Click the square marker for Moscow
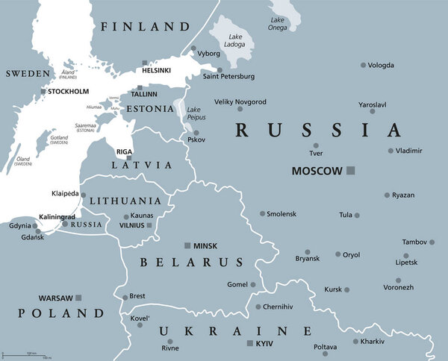(x=351, y=171)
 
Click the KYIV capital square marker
(x=249, y=342)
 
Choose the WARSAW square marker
(x=78, y=298)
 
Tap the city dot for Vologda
(x=364, y=66)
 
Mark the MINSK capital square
(x=187, y=245)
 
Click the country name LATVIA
(x=142, y=164)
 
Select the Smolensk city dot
(x=262, y=213)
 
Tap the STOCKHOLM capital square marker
(x=43, y=91)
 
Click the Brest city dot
(x=125, y=295)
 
